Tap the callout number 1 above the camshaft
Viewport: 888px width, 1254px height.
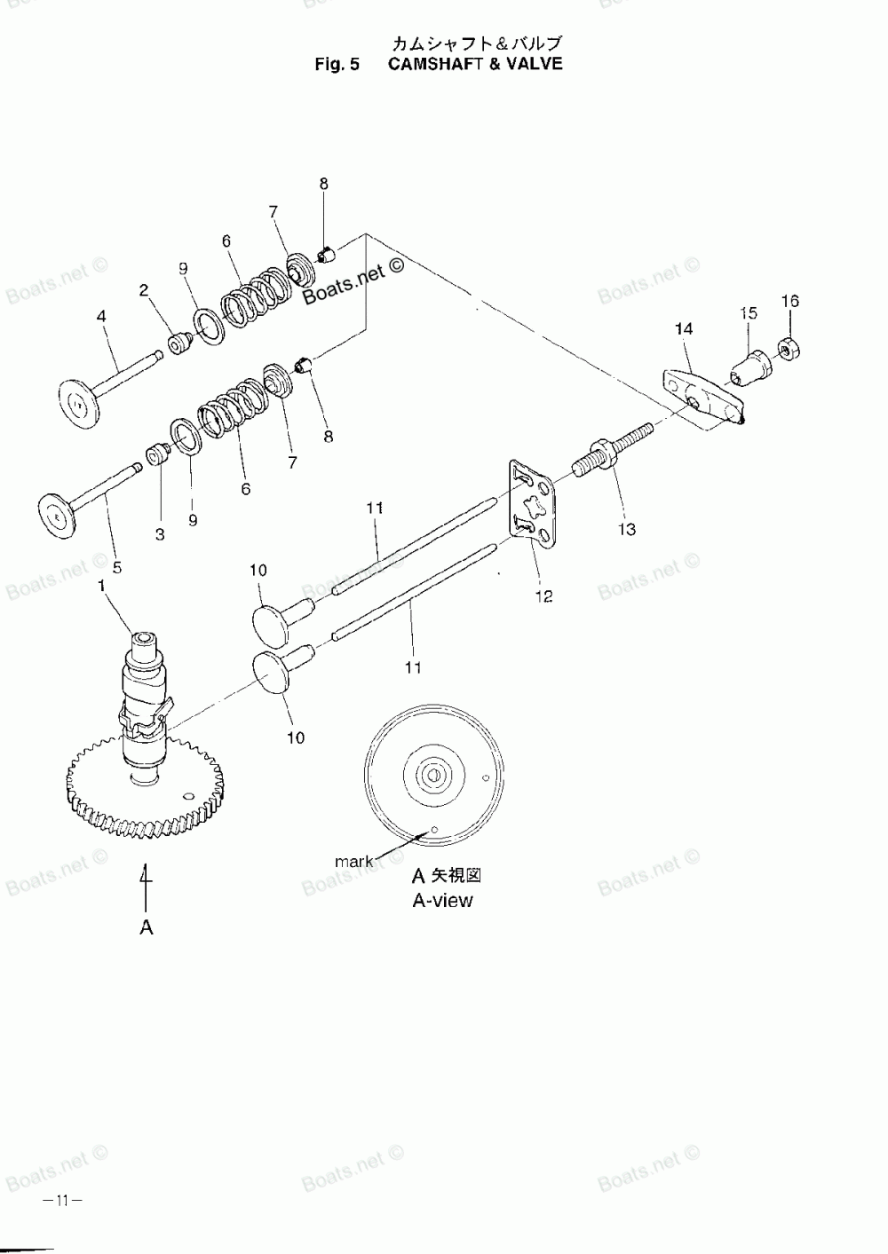coord(102,586)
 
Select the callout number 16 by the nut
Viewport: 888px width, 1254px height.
coord(789,302)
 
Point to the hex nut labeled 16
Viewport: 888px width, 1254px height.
coord(788,348)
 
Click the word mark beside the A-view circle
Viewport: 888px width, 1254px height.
coord(353,861)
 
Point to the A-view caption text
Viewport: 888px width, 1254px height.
coord(442,900)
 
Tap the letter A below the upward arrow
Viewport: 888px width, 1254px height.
coord(147,927)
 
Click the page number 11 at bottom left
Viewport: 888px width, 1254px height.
coord(61,1201)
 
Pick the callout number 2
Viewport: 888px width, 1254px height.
coord(144,289)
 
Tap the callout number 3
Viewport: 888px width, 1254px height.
coord(160,534)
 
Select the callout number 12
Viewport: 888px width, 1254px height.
coord(543,596)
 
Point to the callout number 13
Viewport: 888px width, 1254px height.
coord(627,530)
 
